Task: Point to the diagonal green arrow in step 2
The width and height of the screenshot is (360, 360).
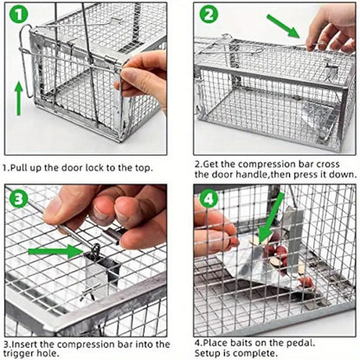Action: pyautogui.click(x=286, y=26)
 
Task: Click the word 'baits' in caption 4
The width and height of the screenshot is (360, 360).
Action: pyautogui.click(x=246, y=345)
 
